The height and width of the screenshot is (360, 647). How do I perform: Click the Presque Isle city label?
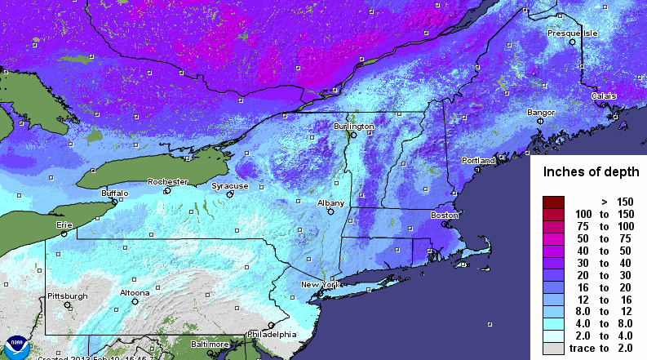[572, 34]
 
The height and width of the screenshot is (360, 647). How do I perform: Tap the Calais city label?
[604, 96]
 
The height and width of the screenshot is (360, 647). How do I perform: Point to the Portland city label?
[478, 161]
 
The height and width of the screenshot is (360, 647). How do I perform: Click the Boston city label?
[445, 215]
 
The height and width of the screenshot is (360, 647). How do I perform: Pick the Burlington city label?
[353, 127]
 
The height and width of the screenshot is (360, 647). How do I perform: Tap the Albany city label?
[330, 202]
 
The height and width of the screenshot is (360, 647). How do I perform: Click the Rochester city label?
[167, 181]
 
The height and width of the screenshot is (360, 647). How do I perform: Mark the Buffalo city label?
[114, 193]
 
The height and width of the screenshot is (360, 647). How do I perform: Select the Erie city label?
[64, 224]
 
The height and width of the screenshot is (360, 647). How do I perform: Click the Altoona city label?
[135, 292]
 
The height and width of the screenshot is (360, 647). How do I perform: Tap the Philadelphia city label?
[271, 335]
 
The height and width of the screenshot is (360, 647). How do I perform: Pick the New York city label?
[320, 284]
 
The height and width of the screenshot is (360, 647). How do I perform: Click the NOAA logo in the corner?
[15, 346]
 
